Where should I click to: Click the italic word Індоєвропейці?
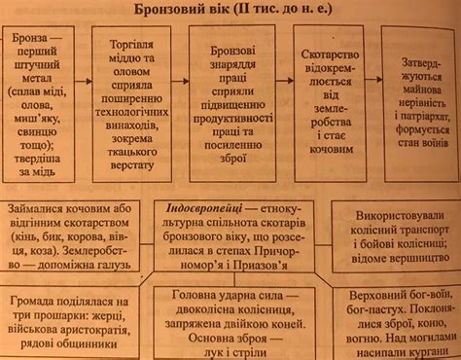[x=204, y=210]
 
